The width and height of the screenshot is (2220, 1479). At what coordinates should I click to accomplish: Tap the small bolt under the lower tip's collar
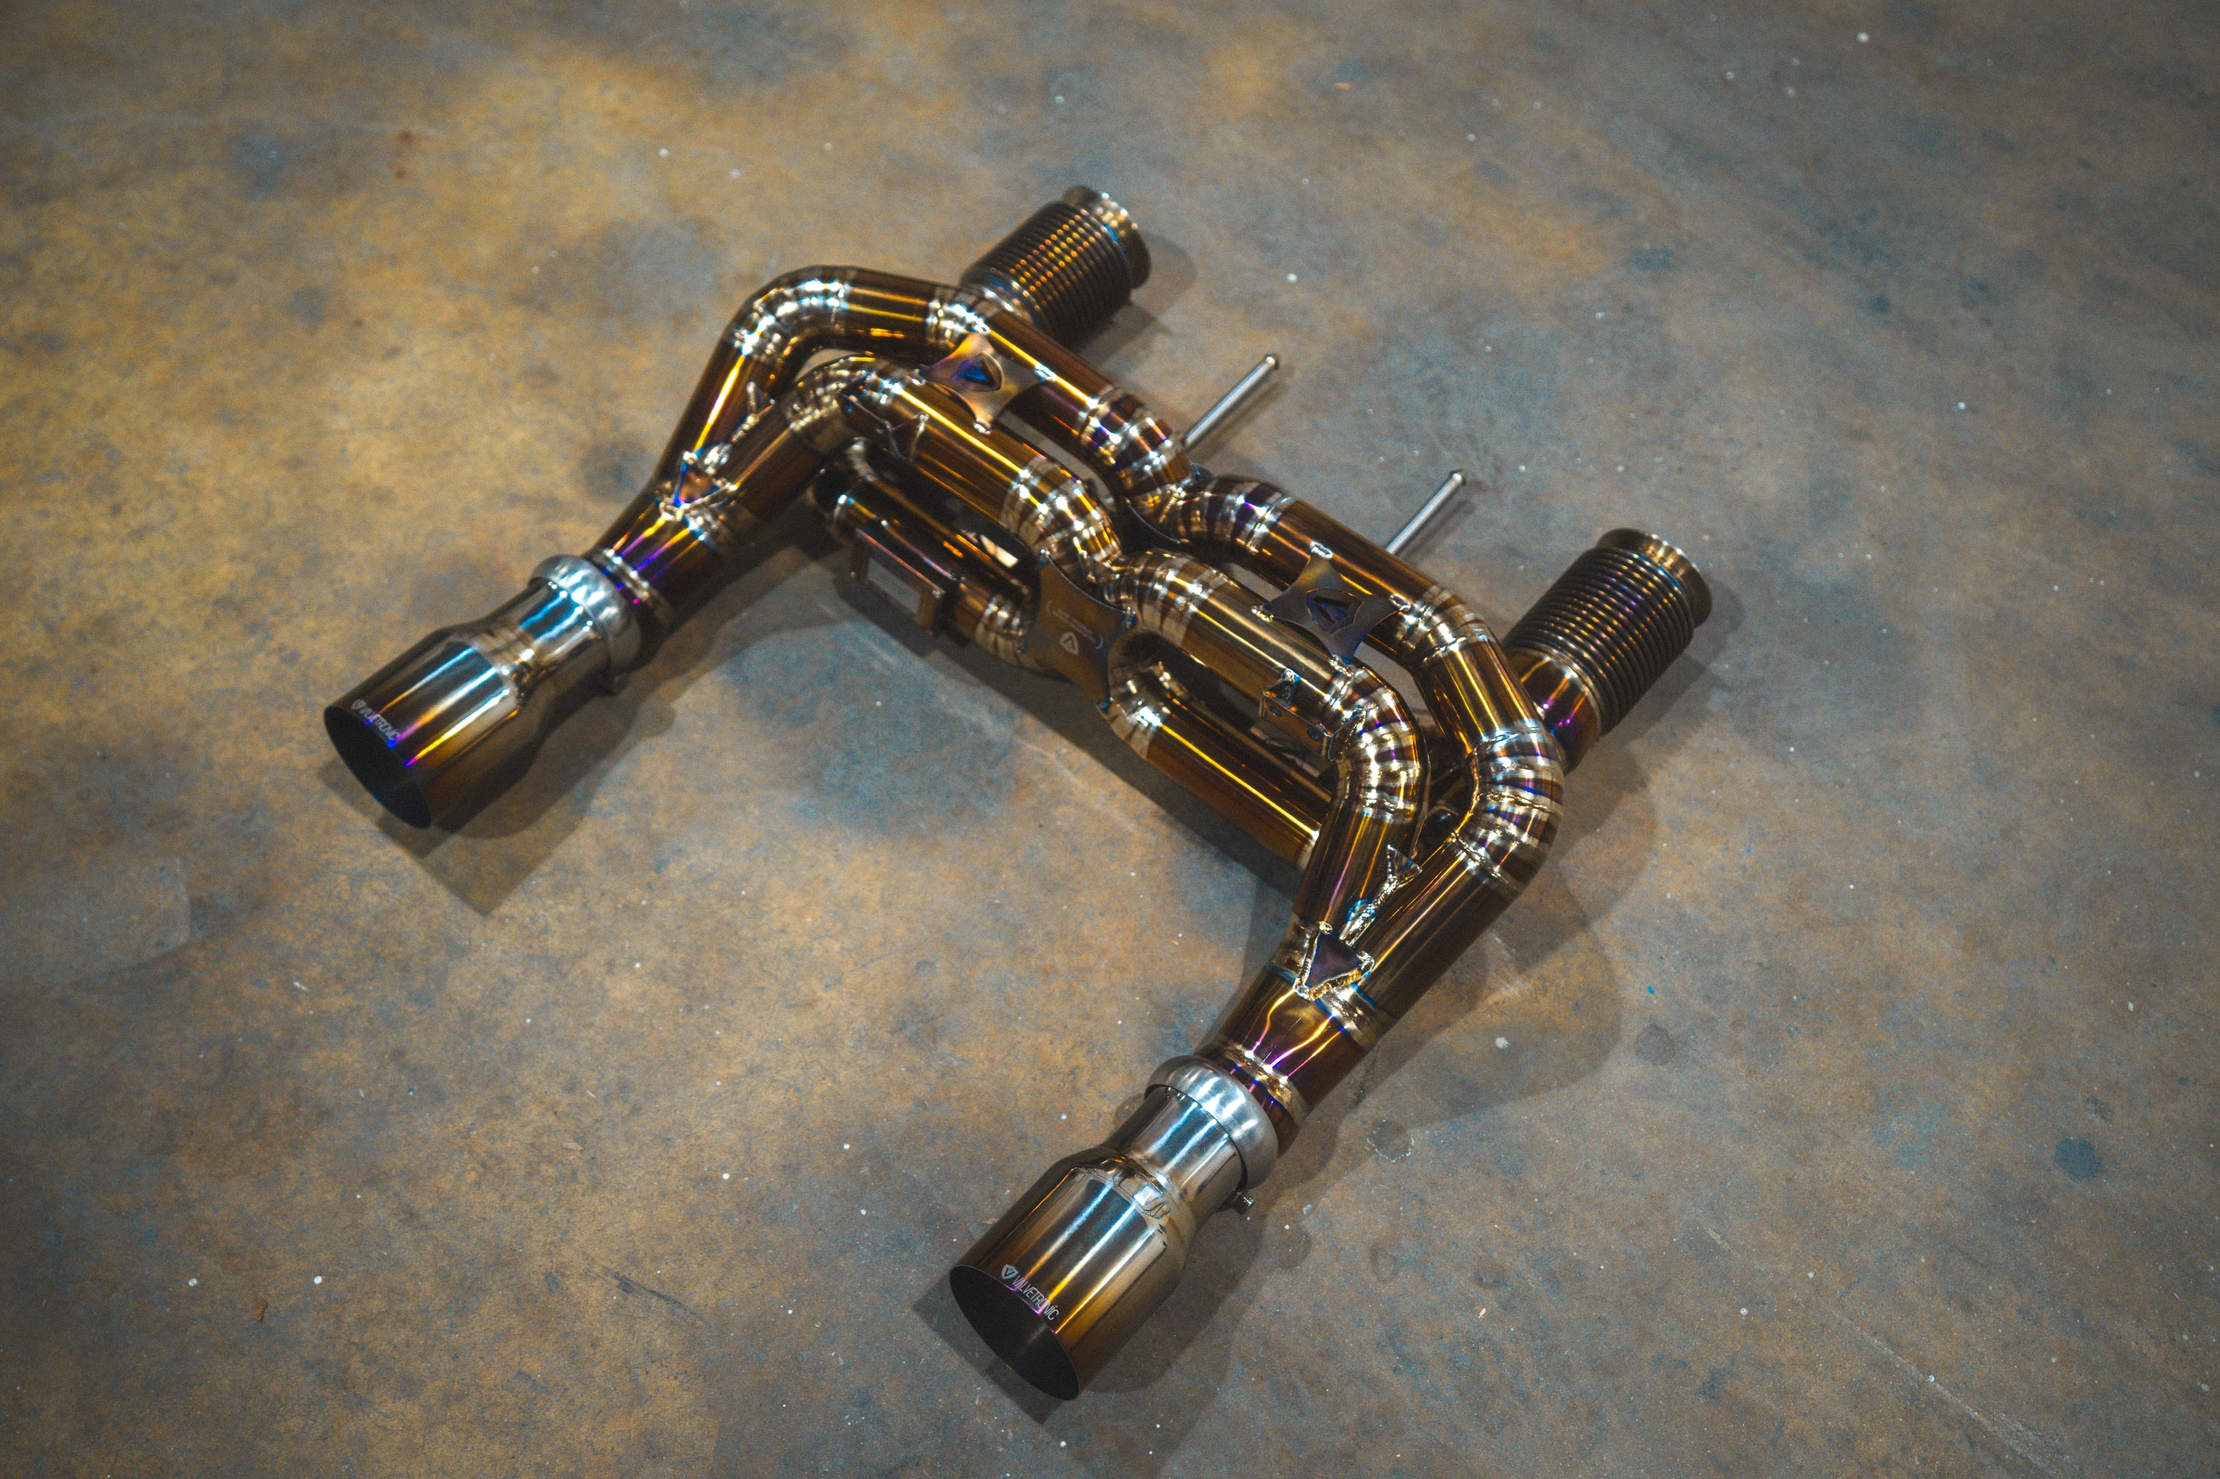1248,1201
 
